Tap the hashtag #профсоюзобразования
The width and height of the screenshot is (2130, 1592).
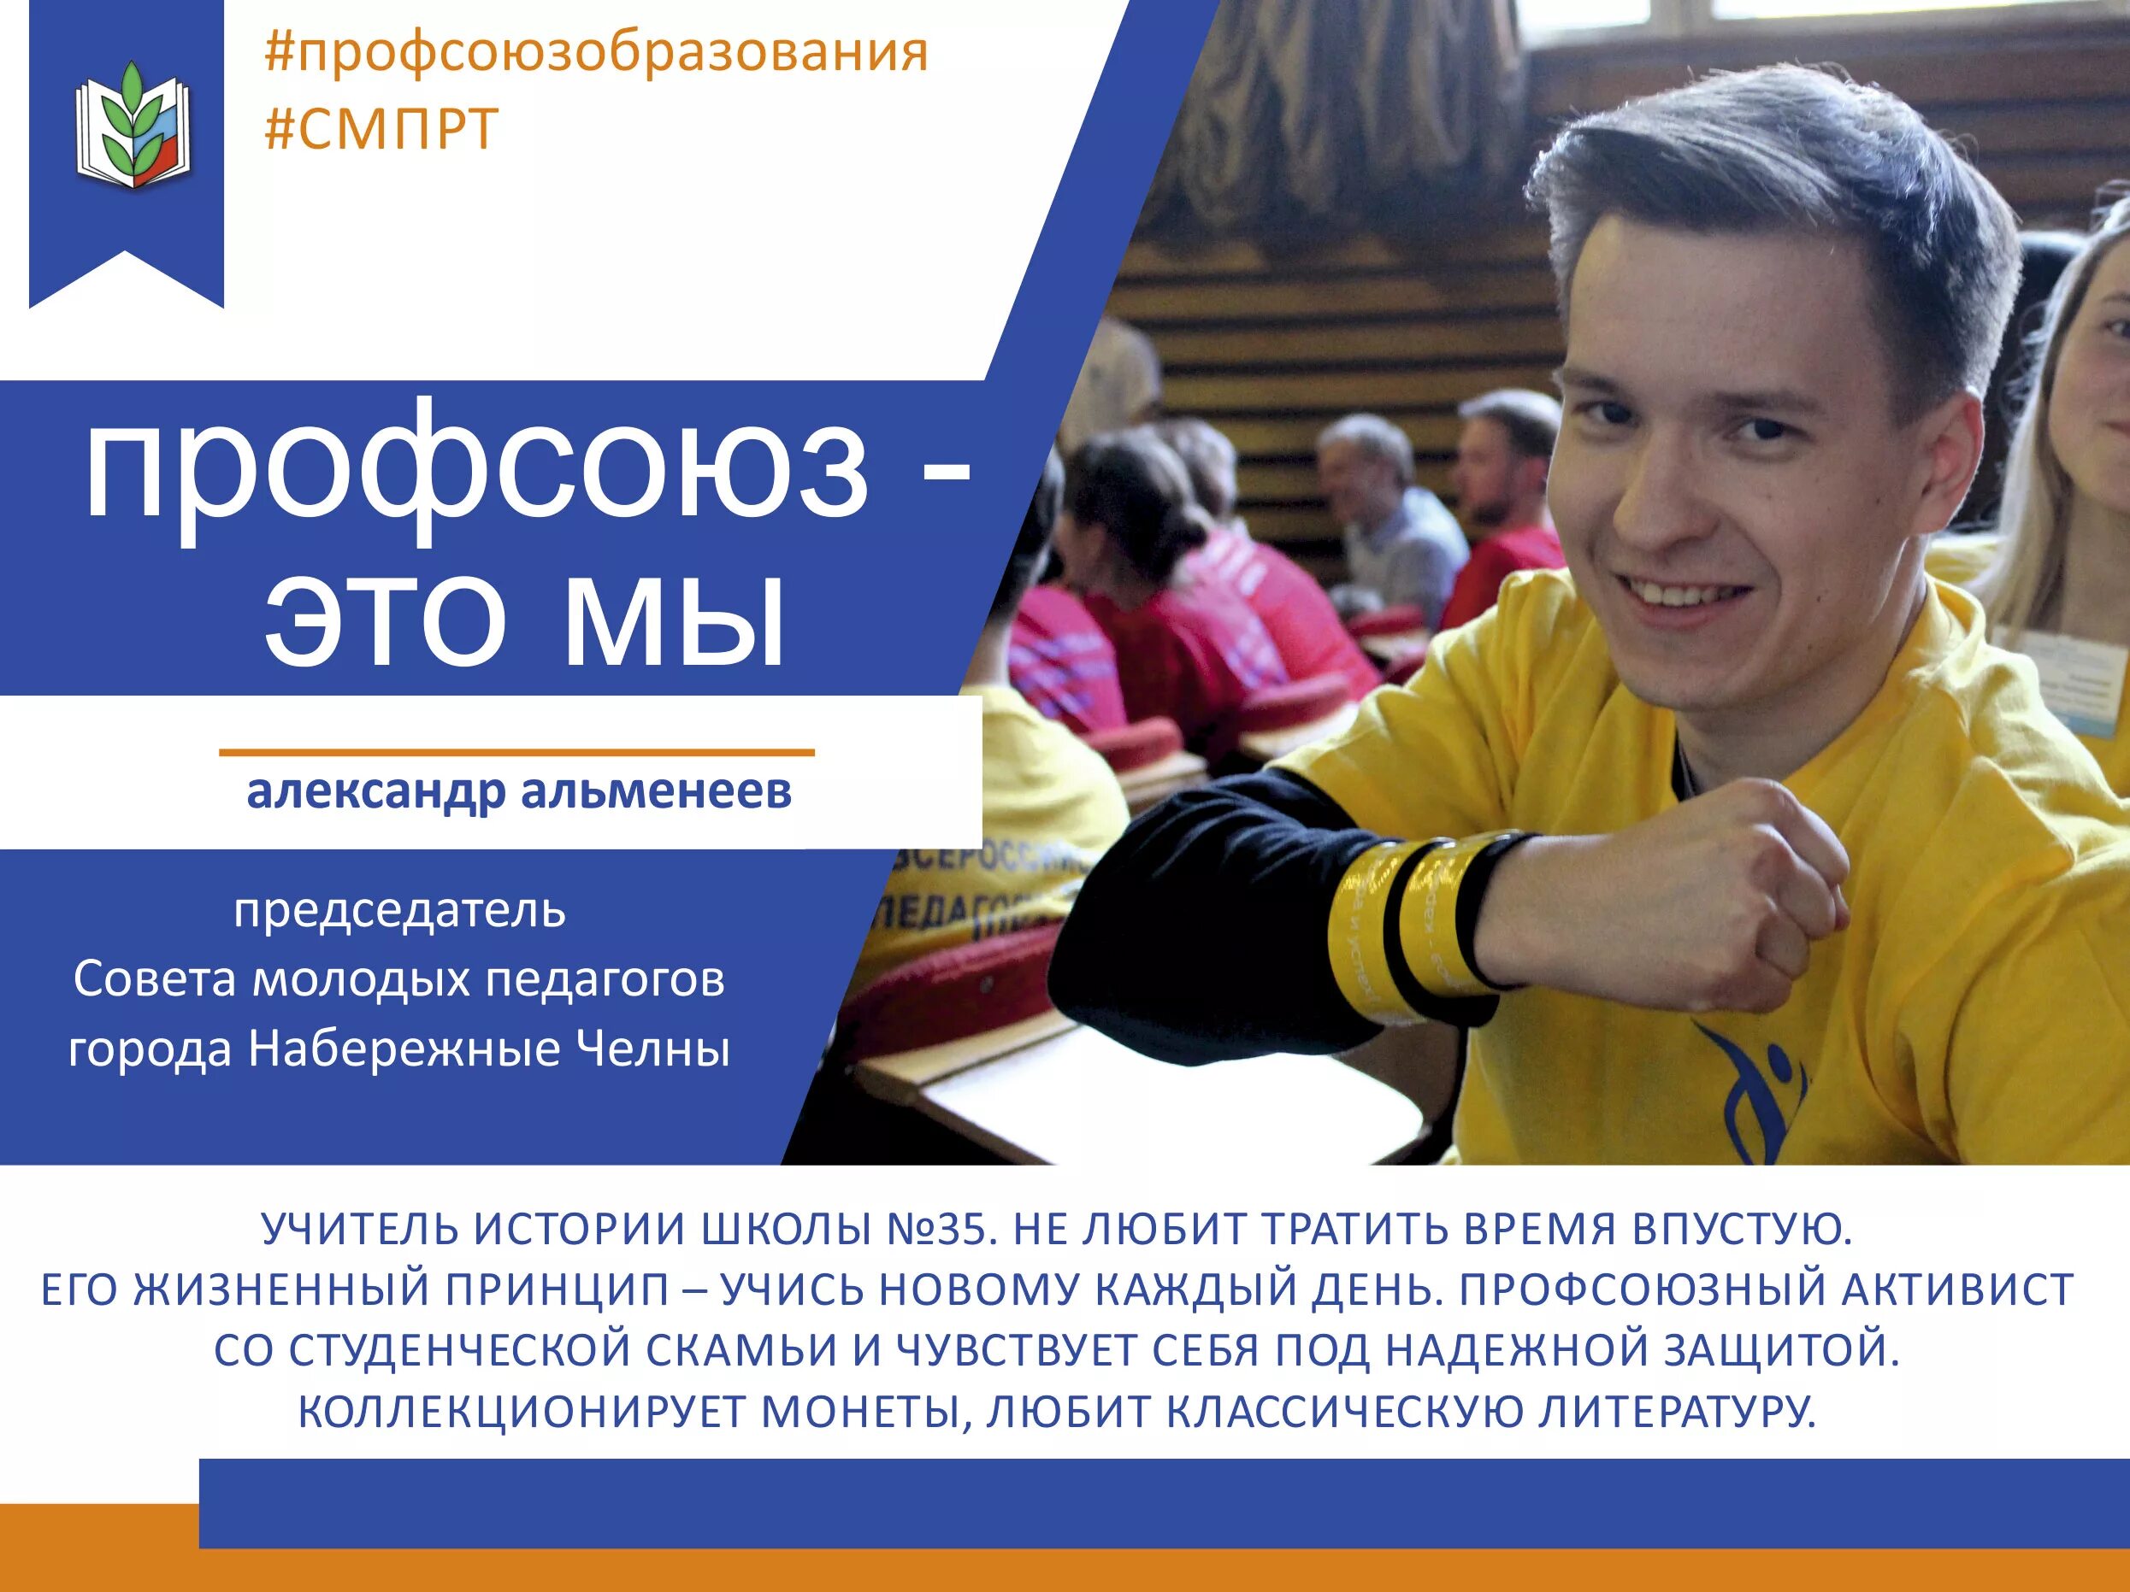pos(595,53)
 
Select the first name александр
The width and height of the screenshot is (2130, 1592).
pos(375,791)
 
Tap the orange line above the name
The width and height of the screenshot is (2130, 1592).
pos(516,753)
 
